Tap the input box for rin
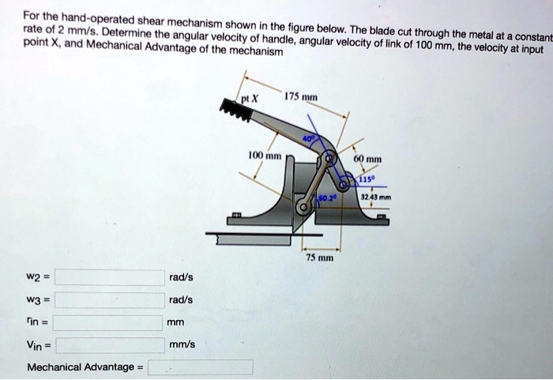107,322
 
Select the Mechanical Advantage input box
201,367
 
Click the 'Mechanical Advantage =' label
85,367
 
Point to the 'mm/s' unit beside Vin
181,345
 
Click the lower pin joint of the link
302,206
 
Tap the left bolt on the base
235,216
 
